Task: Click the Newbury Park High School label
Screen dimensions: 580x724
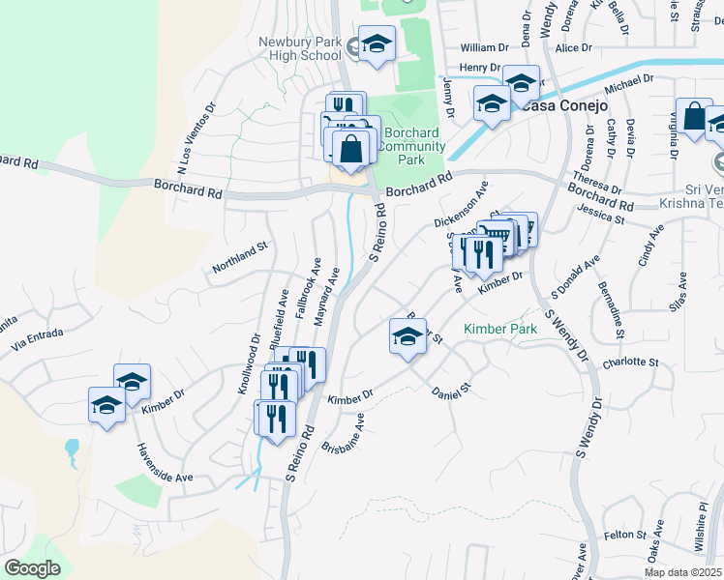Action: [x=300, y=48]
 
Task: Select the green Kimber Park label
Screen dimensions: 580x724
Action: [x=499, y=330]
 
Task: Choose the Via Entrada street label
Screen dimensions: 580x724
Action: [x=40, y=335]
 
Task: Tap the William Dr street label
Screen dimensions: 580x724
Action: [x=484, y=47]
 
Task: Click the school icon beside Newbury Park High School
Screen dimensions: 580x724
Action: [x=377, y=43]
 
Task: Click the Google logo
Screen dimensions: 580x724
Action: [x=32, y=568]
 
